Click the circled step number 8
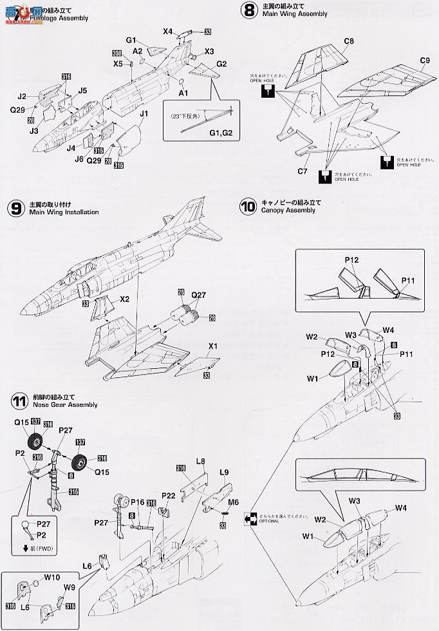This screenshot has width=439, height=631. coord(247,10)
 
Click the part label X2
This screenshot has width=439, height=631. coord(124,299)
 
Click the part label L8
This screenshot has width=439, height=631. coord(200,461)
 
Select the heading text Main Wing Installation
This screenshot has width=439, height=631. coord(64,212)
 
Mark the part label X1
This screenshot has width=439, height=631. coord(212,346)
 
